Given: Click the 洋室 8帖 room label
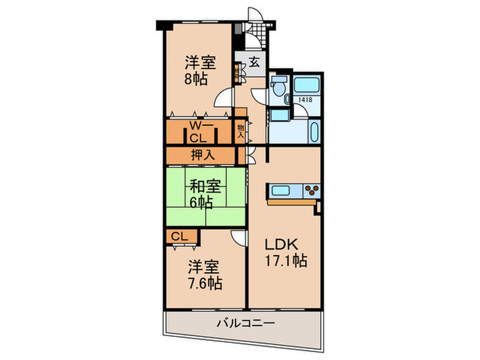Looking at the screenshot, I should coord(200,70).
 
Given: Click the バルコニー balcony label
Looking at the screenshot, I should coord(246,322).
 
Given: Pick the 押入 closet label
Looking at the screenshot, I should coord(202,155).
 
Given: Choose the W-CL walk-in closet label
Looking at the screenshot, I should coord(202,130).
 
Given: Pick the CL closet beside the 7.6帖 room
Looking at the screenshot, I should coord(180,237).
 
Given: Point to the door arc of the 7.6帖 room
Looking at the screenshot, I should coord(238,237).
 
